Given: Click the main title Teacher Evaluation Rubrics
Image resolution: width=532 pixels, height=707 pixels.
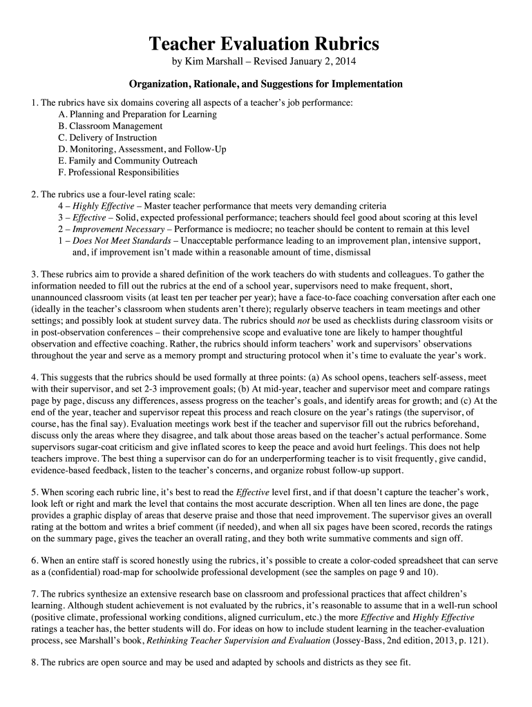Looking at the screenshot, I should pos(265,44).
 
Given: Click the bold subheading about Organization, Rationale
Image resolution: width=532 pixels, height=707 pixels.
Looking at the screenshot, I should pos(265,84).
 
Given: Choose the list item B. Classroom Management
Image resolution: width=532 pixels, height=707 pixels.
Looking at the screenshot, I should pos(111,126).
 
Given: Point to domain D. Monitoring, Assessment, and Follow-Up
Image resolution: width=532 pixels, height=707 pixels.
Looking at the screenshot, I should pos(142,149).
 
